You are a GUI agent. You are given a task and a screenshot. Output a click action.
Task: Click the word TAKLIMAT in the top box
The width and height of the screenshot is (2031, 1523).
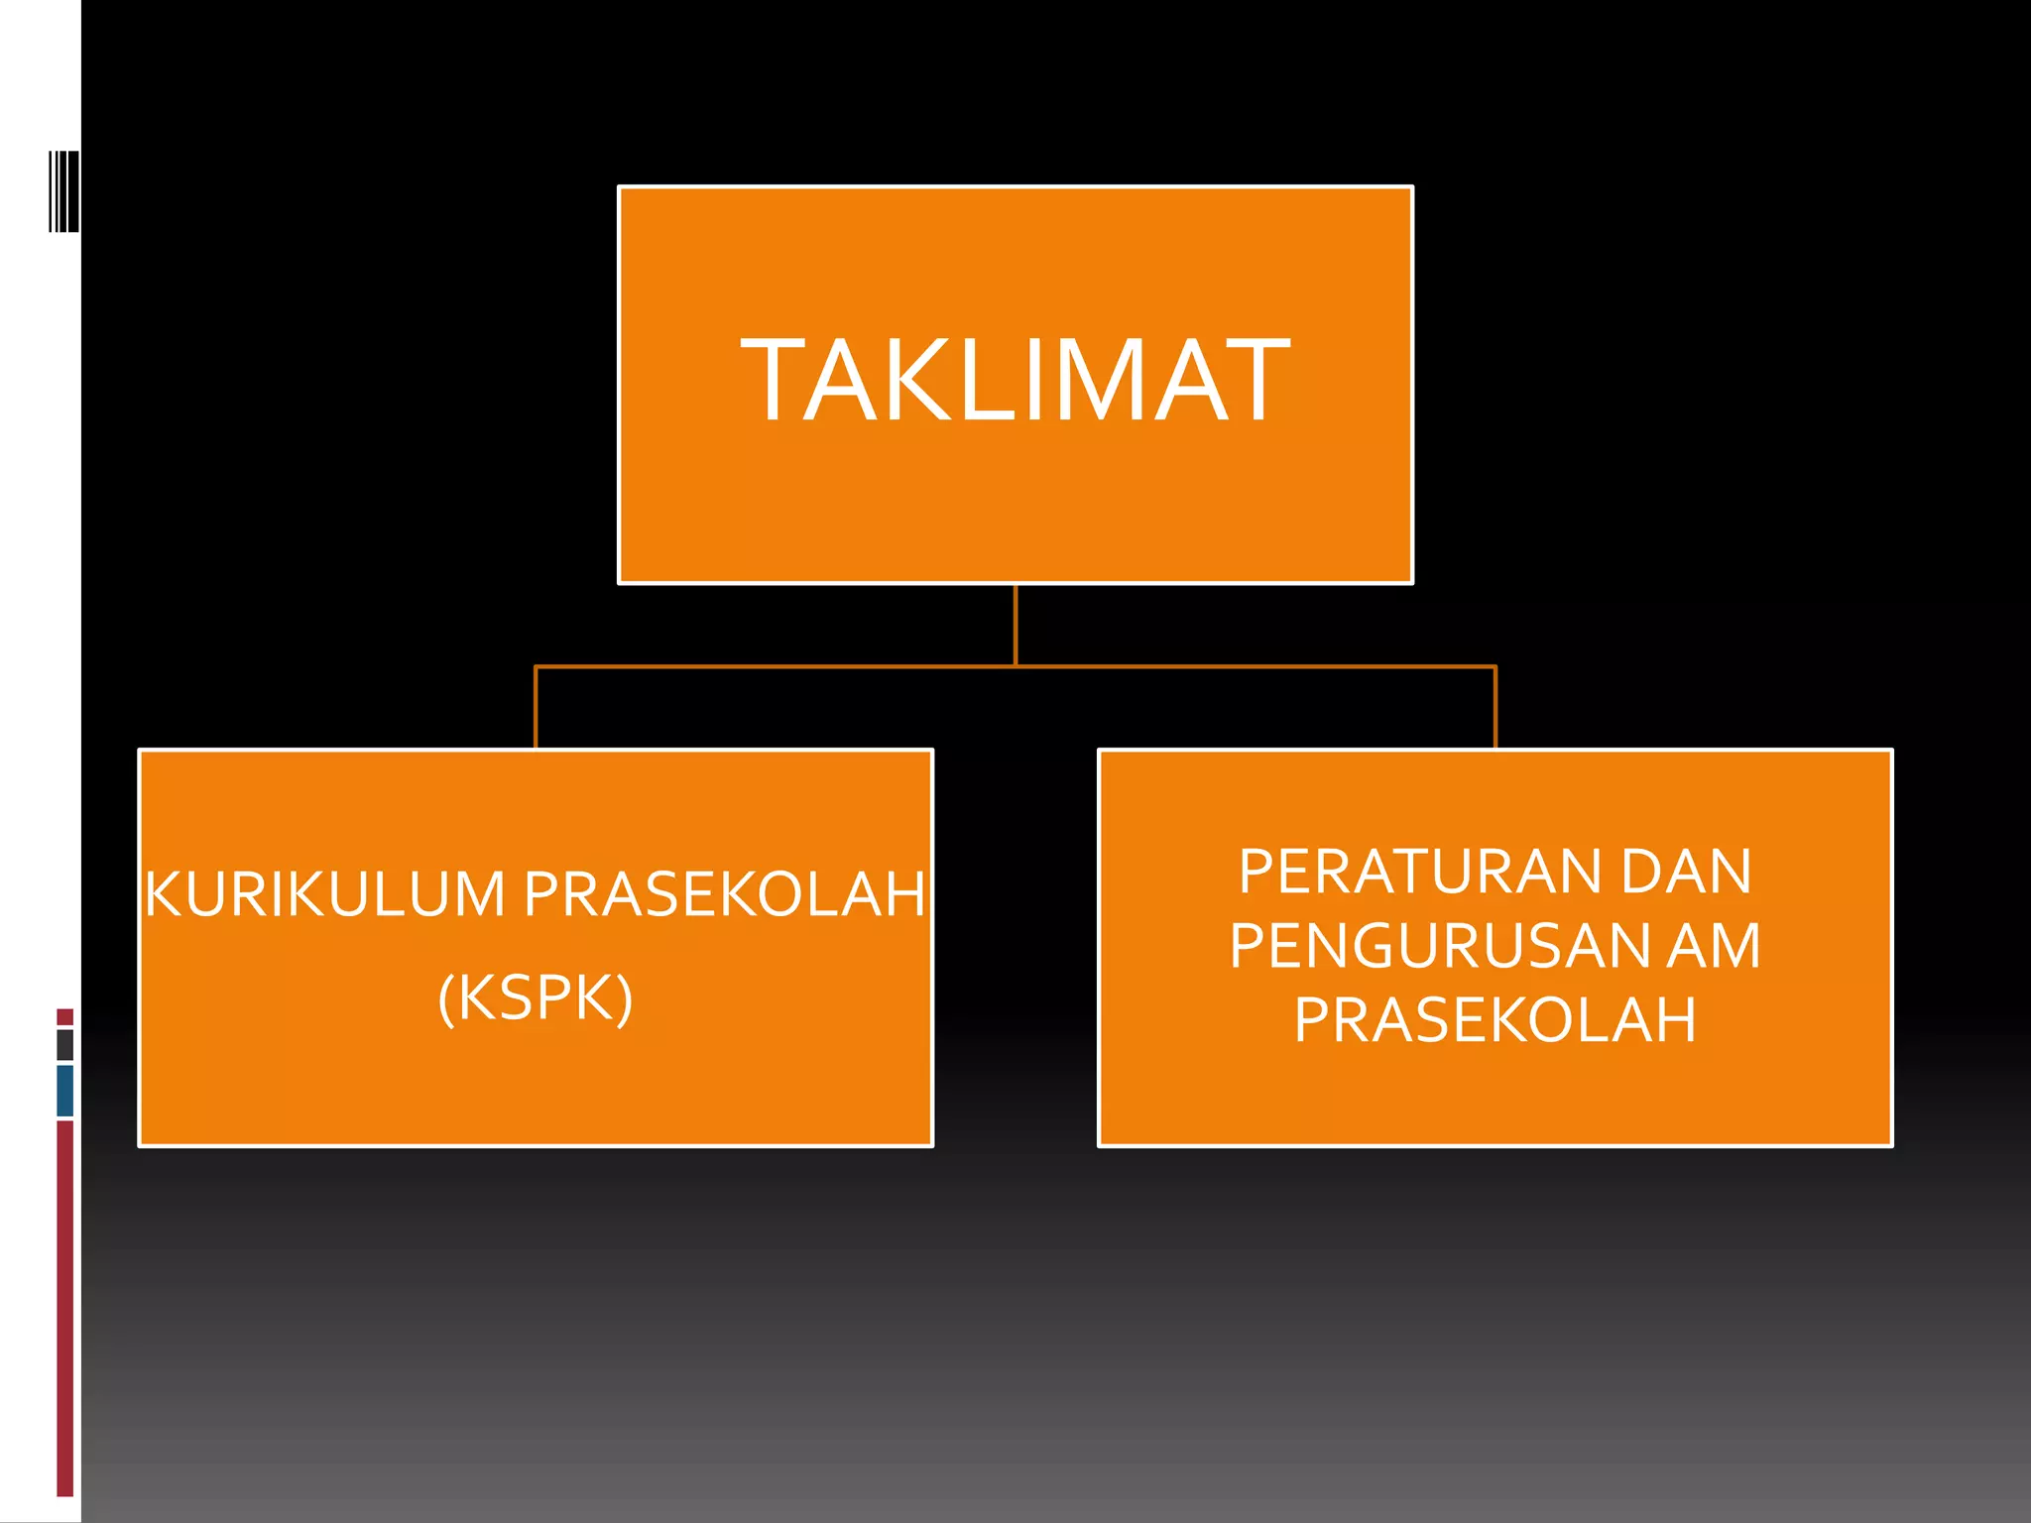[x=1015, y=381]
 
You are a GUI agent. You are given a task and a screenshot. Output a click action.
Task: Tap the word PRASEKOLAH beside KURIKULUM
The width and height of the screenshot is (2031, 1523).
[x=725, y=894]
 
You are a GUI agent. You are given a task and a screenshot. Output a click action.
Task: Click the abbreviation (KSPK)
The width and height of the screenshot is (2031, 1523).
[x=536, y=997]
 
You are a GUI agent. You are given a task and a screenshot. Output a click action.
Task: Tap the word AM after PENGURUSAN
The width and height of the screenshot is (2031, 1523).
[x=1714, y=946]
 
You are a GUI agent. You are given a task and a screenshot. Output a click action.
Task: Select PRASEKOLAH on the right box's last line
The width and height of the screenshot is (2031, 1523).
[x=1494, y=1020]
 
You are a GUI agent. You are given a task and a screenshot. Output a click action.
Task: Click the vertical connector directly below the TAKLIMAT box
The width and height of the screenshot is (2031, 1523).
[x=1015, y=625]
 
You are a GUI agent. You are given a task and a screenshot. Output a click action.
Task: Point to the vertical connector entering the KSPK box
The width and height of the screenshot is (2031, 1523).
[x=536, y=708]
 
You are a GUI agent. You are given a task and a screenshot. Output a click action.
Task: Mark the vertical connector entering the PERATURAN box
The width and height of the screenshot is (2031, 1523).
[x=1495, y=708]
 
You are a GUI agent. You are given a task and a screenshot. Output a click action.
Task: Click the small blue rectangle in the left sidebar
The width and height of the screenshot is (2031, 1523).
[x=65, y=1091]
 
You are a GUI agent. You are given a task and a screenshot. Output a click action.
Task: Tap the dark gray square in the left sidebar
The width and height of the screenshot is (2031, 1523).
[x=65, y=1045]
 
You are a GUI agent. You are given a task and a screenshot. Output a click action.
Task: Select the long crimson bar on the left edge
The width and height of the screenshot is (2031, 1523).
[x=65, y=1309]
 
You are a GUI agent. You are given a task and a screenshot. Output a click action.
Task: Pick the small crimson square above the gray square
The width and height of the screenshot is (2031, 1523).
[x=65, y=1017]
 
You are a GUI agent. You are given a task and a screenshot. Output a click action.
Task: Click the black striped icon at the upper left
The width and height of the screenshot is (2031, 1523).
[x=64, y=191]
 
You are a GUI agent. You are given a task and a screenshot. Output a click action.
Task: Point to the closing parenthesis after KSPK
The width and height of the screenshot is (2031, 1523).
[x=624, y=997]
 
